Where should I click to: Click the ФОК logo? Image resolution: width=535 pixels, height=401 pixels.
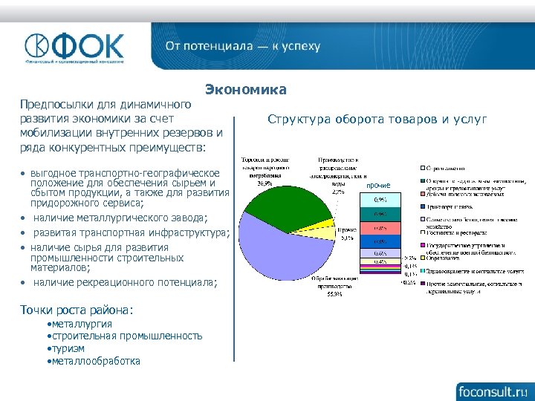click(x=74, y=47)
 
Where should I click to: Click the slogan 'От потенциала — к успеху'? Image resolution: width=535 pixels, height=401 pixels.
click(x=243, y=46)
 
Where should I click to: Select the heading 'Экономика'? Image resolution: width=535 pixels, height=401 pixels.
click(x=246, y=90)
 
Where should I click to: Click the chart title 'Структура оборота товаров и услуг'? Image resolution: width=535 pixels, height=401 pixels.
click(x=377, y=119)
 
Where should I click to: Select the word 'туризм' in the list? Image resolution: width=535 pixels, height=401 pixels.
click(x=67, y=348)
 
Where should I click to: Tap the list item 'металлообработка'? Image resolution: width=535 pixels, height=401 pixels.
click(x=94, y=360)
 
